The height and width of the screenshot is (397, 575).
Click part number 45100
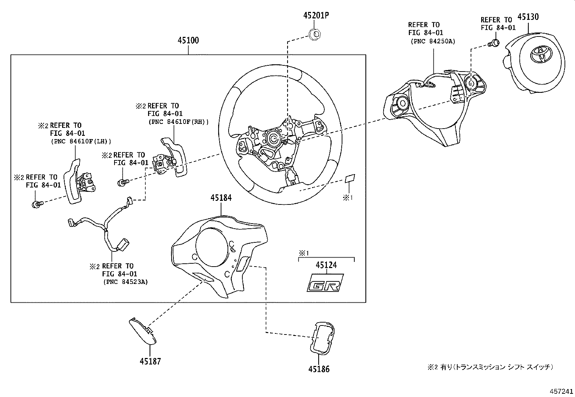tap(188, 40)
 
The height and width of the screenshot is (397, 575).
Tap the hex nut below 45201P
tap(316, 34)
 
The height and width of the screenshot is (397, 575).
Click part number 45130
tap(528, 17)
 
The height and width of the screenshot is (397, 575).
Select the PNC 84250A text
tap(433, 41)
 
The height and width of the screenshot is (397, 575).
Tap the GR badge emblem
tap(324, 283)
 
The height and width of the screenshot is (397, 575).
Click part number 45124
tap(326, 265)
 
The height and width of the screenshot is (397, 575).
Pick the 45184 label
tap(221, 198)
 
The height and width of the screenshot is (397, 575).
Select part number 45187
tap(150, 361)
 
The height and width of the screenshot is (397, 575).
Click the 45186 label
tap(319, 369)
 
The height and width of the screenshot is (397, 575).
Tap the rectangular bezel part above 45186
tap(321, 336)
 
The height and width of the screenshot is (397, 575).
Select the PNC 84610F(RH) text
tap(178, 122)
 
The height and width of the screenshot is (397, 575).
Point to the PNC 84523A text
tap(125, 282)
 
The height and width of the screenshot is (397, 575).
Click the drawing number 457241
tap(561, 391)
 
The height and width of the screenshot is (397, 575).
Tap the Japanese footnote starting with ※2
tap(490, 367)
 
